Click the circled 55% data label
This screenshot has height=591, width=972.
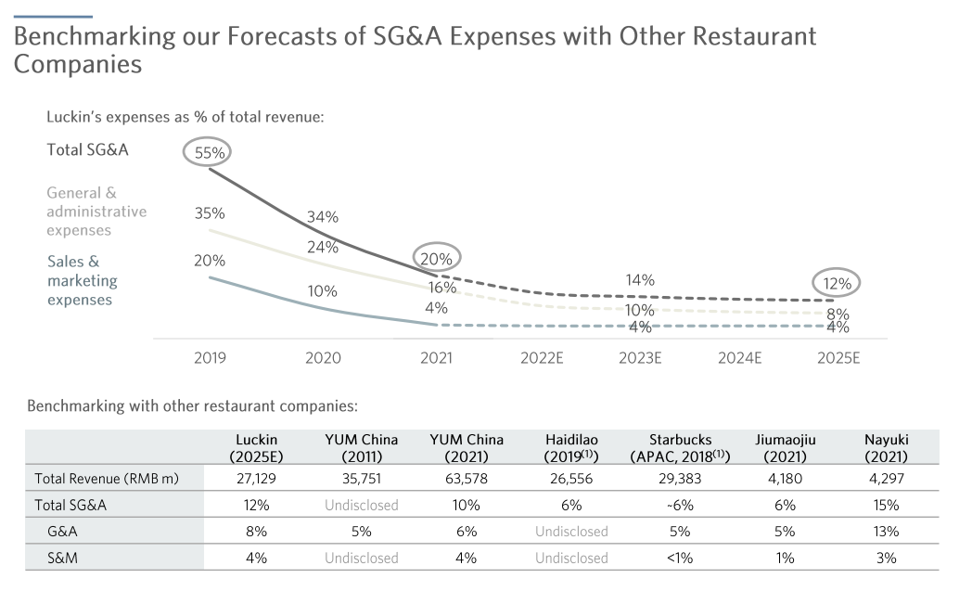209,151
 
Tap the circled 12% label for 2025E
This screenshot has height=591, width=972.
837,284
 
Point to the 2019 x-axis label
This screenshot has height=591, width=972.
210,358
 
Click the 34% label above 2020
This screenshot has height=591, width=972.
323,217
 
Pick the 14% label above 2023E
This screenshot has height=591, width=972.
640,279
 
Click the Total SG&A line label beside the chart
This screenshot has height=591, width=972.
87,149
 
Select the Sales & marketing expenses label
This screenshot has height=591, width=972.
83,280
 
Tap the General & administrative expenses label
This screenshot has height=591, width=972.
96,212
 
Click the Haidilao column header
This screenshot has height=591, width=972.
571,447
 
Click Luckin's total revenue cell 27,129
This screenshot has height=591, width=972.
255,479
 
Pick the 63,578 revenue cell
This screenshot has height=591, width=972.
466,479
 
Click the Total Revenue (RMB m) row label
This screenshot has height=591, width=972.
107,479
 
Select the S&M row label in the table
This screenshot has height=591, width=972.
64,558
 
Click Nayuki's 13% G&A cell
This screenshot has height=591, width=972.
886,532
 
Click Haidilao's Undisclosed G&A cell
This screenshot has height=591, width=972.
571,532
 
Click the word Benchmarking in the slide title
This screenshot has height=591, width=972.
91,37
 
